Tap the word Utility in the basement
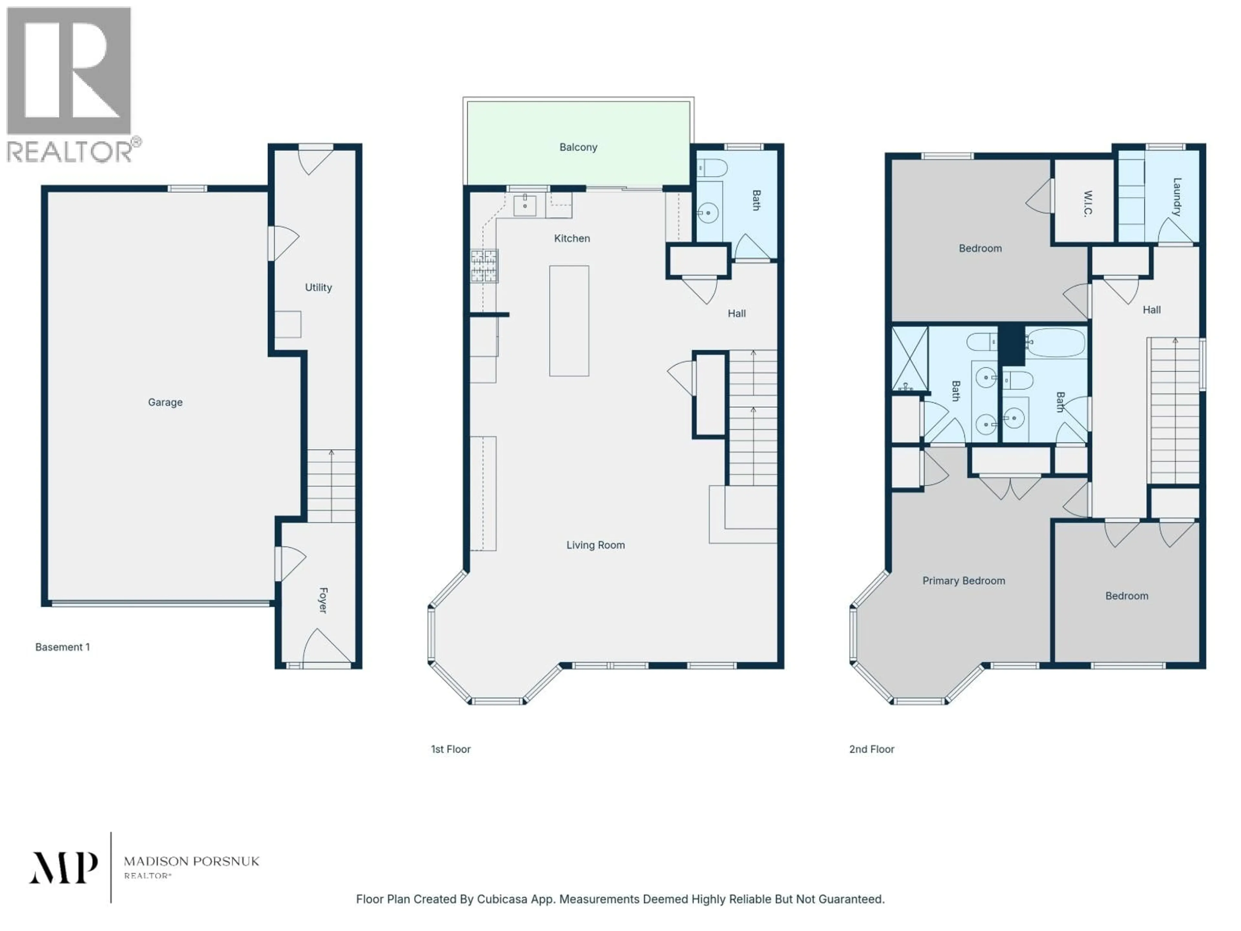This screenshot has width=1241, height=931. [x=318, y=287]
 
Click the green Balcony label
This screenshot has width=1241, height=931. [x=578, y=147]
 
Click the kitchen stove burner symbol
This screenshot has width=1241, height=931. [x=483, y=265]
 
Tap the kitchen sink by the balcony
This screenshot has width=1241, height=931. [x=525, y=205]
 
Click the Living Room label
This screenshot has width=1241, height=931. [x=595, y=545]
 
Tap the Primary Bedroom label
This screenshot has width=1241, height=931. [x=963, y=581]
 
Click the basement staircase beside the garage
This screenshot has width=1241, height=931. [x=331, y=486]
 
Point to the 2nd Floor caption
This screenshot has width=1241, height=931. [x=871, y=749]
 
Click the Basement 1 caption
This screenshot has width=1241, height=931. [x=62, y=647]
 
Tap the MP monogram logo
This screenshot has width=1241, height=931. [x=63, y=868]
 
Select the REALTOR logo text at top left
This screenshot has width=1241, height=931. [x=70, y=152]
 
